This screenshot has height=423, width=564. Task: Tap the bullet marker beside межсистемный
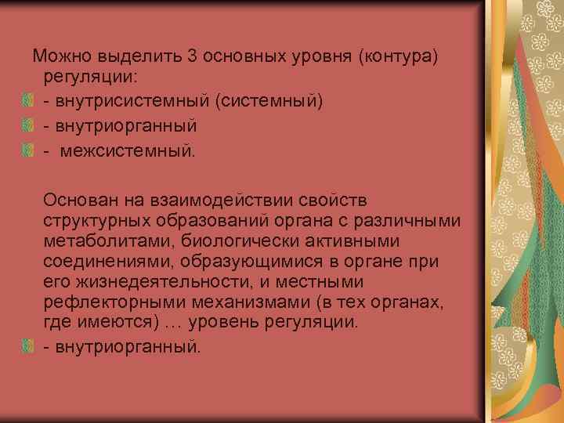[x=27, y=148]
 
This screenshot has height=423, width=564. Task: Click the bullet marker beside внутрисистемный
[x=27, y=101]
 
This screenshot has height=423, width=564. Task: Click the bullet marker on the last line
[x=27, y=345]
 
